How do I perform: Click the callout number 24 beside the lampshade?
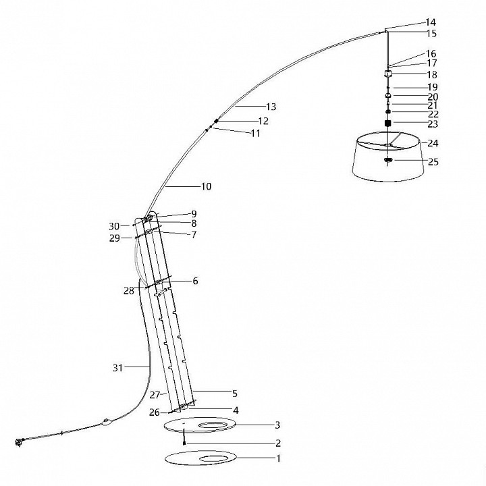(433, 143)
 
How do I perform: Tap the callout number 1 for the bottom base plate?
(278, 458)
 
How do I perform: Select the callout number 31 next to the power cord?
(117, 368)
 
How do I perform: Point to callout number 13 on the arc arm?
(271, 107)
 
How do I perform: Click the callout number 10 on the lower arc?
(207, 186)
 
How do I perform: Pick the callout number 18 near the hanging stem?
(432, 75)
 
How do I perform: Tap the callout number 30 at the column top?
(114, 226)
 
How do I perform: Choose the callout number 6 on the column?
(195, 281)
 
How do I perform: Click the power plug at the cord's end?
(19, 442)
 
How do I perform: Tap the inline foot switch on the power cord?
(107, 422)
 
